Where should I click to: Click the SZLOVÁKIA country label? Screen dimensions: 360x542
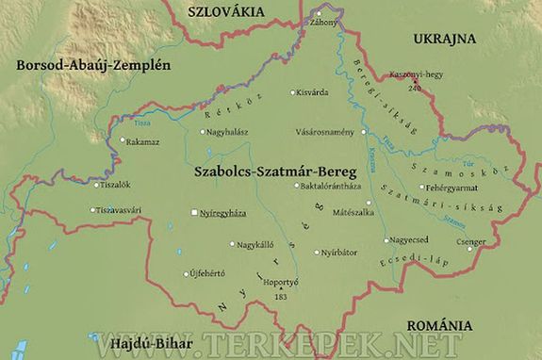228,12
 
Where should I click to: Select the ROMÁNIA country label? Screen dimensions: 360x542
435,325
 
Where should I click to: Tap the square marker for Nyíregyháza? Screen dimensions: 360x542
194,214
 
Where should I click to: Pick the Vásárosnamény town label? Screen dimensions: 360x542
326,132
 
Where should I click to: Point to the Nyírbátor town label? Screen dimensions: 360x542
340,253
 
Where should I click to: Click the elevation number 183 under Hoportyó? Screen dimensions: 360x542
281,297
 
